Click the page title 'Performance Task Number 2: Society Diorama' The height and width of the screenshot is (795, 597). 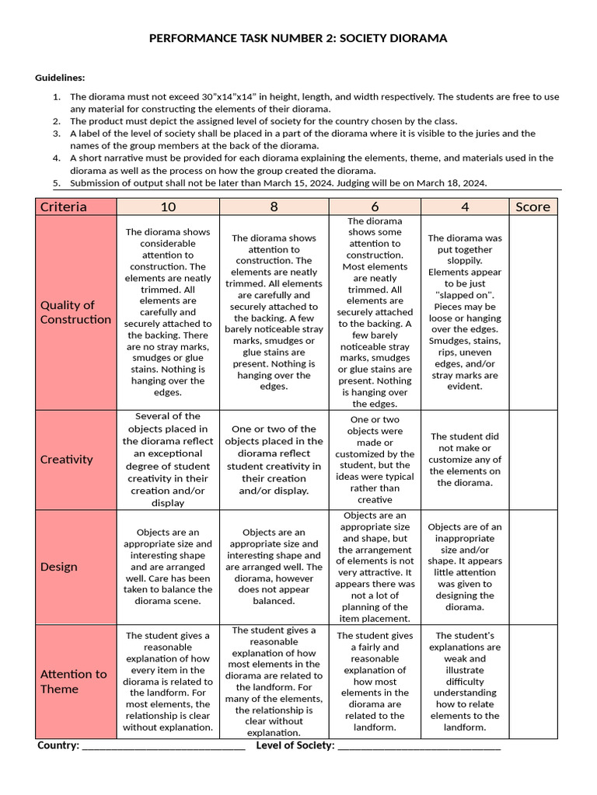(298, 38)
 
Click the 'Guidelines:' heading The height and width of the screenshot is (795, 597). (60, 78)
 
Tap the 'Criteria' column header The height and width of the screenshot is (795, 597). (64, 207)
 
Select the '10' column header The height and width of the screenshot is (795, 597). (168, 207)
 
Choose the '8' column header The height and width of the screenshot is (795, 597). (274, 207)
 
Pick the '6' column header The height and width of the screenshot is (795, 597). (375, 207)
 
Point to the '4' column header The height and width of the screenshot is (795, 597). (465, 207)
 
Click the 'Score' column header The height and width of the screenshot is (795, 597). (532, 207)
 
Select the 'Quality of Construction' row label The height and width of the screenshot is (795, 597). (75, 312)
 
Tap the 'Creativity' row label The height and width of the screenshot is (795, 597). (66, 460)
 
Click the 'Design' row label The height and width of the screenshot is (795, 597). (59, 567)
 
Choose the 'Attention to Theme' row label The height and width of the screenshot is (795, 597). (73, 682)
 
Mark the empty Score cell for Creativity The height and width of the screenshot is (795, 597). (532, 460)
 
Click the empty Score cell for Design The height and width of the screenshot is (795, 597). (532, 567)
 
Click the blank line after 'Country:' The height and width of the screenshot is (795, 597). (163, 747)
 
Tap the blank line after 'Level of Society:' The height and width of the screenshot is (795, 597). (420, 747)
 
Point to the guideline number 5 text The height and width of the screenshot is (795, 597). (278, 183)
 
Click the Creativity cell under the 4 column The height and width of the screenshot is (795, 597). (465, 460)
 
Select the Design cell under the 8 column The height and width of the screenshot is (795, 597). (274, 567)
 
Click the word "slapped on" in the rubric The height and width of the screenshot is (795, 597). (465, 295)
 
